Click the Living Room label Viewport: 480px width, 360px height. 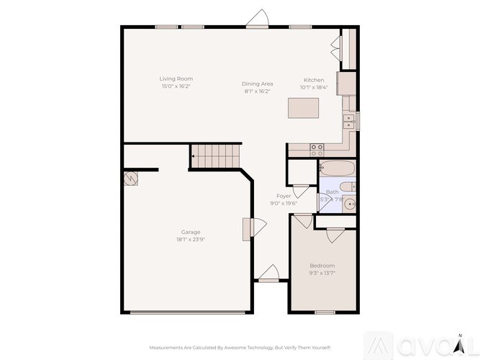point(176,78)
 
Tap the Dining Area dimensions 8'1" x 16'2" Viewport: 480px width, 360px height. point(257,91)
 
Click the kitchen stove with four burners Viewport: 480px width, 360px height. point(316,150)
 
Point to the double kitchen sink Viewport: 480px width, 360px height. point(349,121)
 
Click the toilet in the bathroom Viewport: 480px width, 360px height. point(348,188)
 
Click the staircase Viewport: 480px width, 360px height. point(214,156)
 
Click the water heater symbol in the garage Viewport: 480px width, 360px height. point(130,179)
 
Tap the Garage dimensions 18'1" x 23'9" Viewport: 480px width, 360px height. point(191,240)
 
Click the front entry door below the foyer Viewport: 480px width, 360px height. point(268,274)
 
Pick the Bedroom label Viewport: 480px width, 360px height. point(322,266)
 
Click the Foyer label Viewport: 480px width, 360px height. point(284,196)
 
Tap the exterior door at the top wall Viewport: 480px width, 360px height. point(257,19)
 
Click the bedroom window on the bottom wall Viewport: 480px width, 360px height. point(325,312)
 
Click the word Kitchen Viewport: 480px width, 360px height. point(314,80)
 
